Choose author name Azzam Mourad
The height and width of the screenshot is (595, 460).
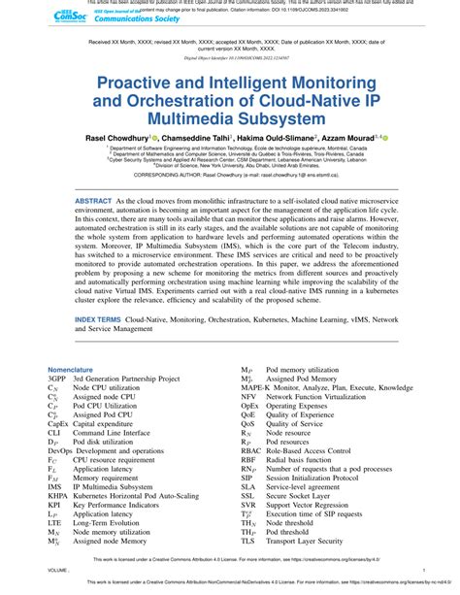[x=357, y=140]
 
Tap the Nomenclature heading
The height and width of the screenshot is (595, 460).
[x=72, y=370]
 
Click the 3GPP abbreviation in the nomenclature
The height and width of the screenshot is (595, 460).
[x=58, y=379]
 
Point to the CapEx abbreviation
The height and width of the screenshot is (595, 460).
[x=59, y=423]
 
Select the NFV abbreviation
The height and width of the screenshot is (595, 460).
[x=249, y=397]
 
